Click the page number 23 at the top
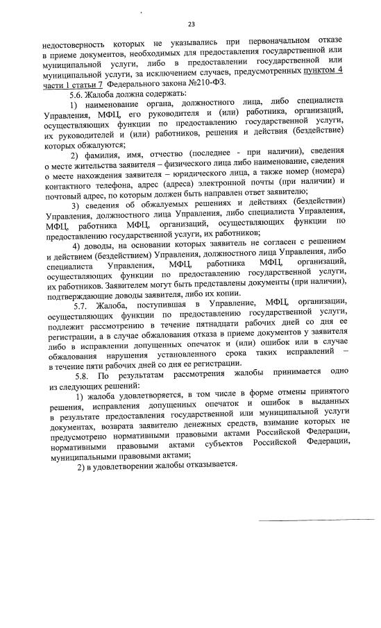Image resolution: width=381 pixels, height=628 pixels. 191,24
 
